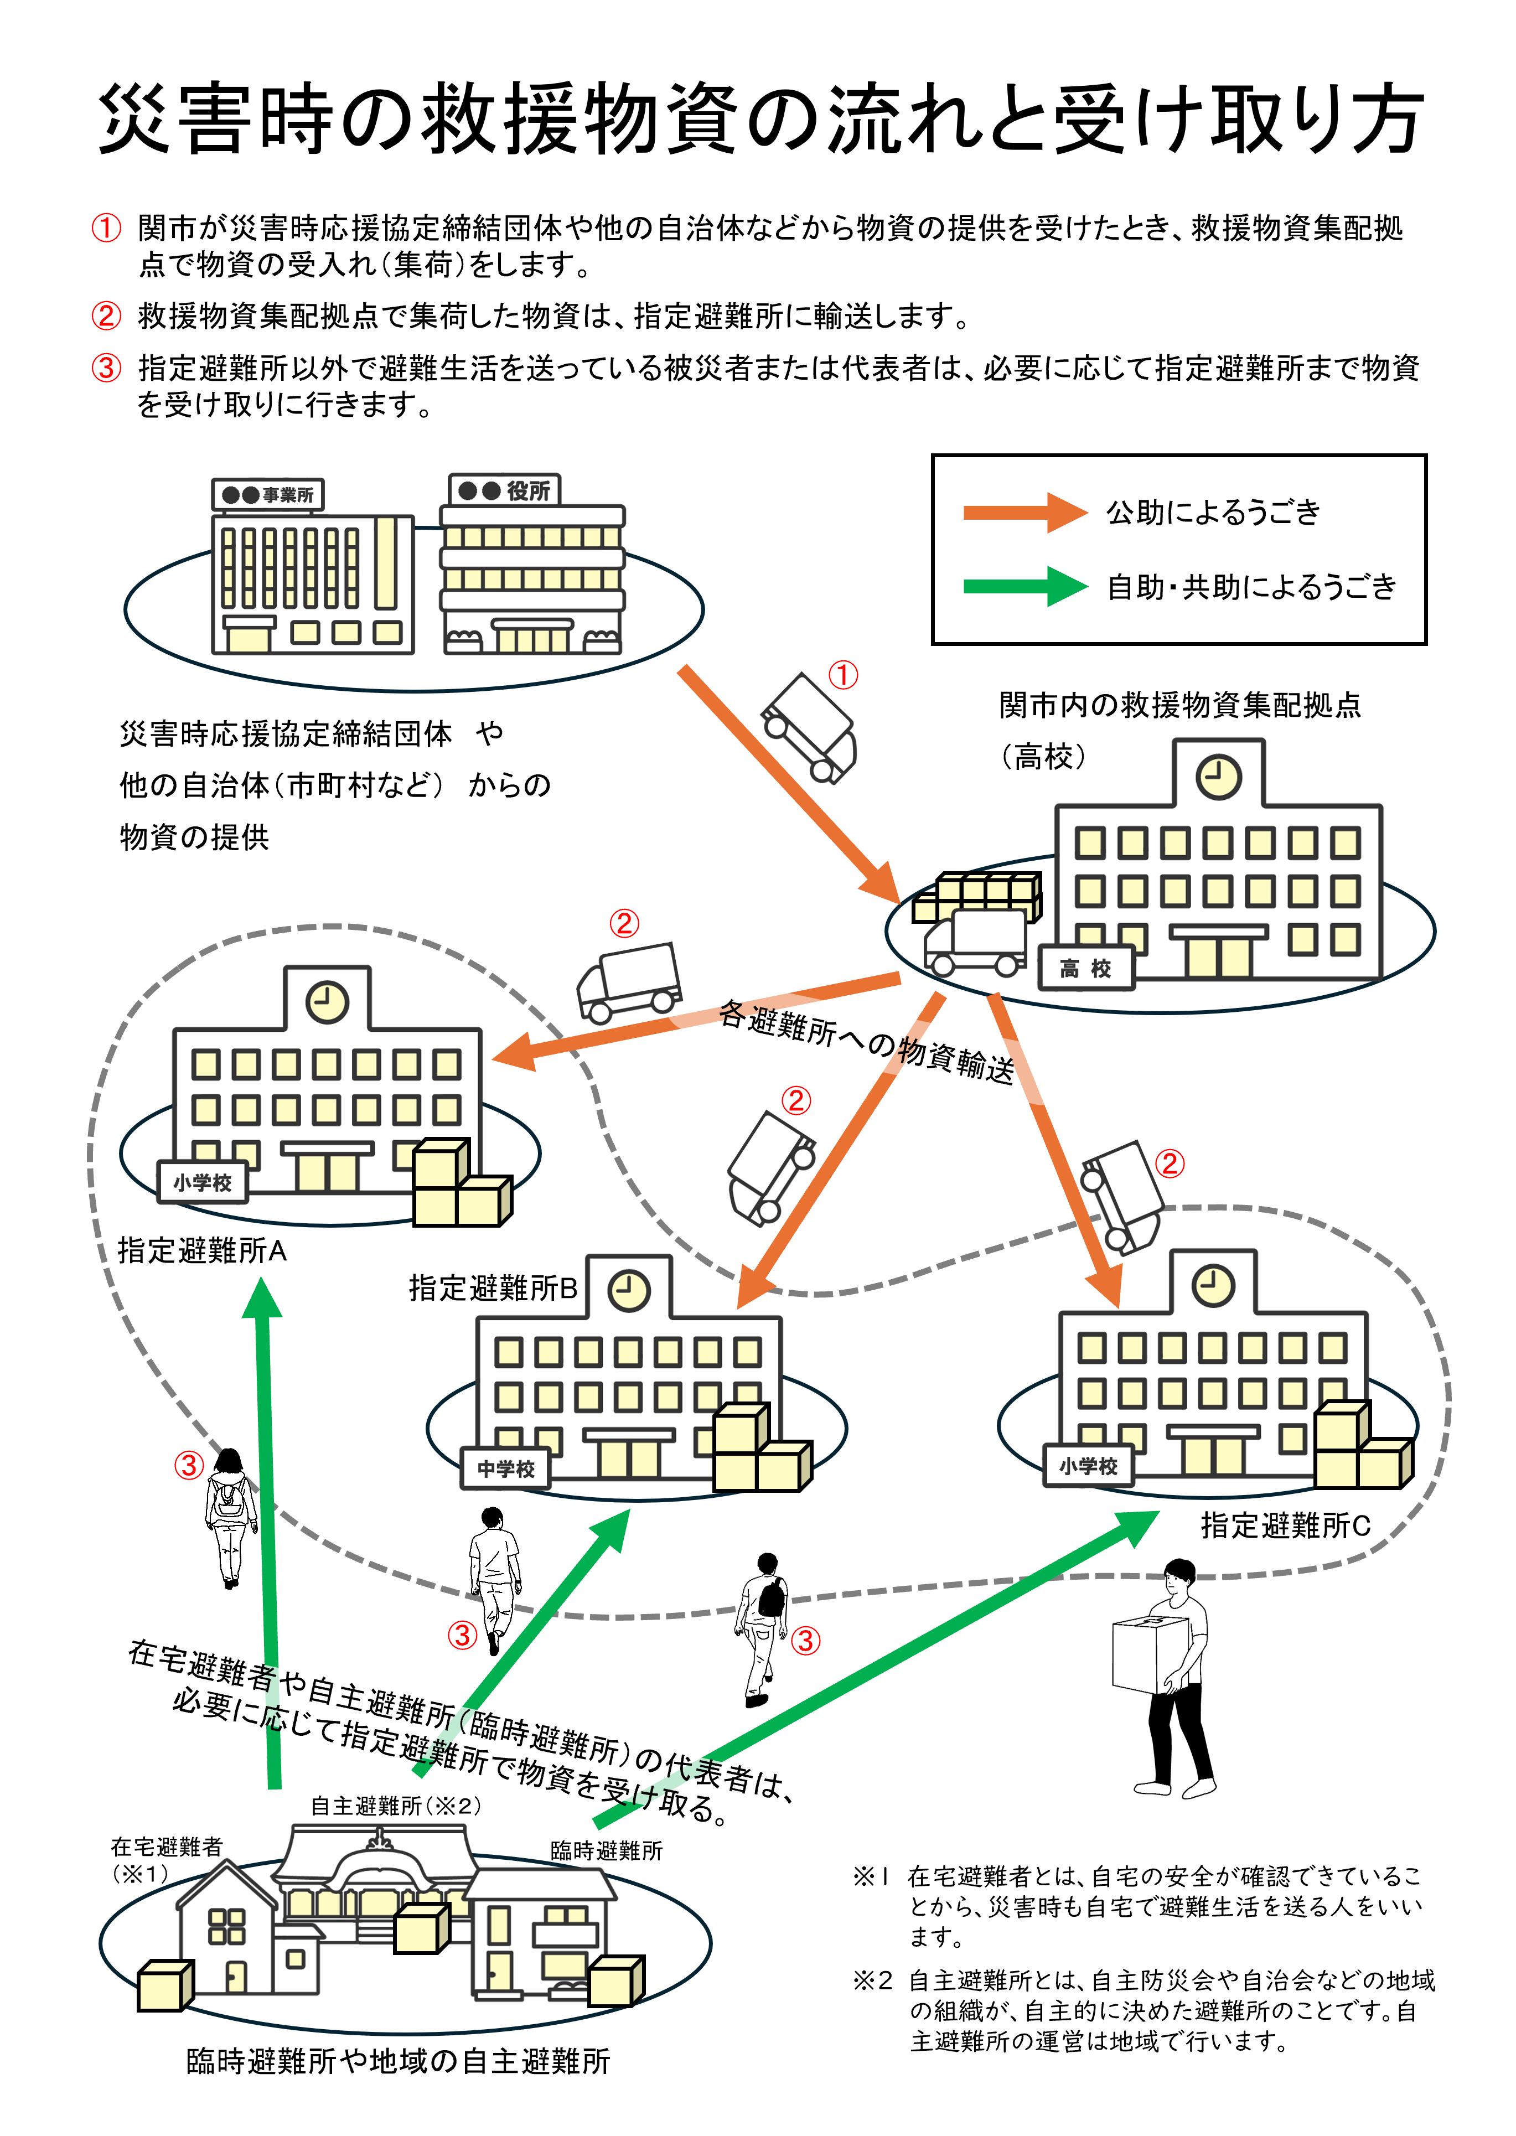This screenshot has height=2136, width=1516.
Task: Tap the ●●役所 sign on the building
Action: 504,490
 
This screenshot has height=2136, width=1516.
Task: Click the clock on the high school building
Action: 1218,777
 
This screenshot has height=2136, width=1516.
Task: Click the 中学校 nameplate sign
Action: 506,1468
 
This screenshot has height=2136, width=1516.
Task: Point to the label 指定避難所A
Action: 201,1250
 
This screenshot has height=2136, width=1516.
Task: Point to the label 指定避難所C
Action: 1285,1525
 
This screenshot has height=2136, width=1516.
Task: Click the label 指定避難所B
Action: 493,1289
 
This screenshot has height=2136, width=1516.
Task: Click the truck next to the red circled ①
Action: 809,728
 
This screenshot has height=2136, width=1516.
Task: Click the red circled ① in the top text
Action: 106,228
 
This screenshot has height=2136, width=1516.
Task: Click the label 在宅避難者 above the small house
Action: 166,1847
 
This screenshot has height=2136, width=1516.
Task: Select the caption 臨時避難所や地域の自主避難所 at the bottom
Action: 397,2061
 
